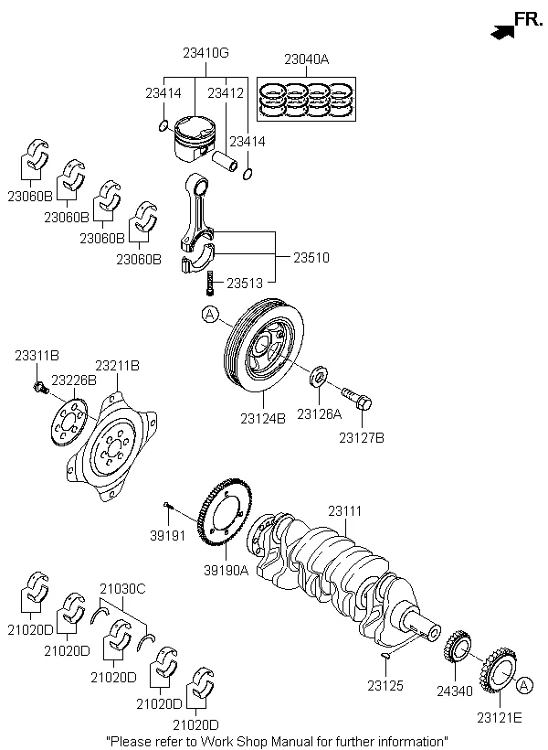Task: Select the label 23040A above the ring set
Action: [306, 59]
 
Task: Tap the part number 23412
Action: [225, 92]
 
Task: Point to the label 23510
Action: [311, 258]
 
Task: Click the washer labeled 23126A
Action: [320, 376]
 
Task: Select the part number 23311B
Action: [36, 355]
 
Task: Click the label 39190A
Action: [225, 571]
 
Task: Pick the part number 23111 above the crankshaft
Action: [345, 509]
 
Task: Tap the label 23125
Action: [385, 684]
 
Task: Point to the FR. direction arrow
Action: [501, 32]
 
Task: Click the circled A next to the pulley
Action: [210, 316]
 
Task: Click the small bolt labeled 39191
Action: [169, 504]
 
